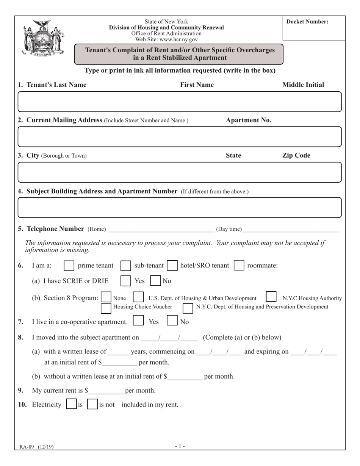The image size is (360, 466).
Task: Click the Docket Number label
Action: (307, 22)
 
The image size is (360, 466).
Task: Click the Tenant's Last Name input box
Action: (180, 102)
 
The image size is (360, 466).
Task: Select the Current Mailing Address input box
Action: (180, 136)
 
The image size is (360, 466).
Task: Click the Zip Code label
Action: (296, 155)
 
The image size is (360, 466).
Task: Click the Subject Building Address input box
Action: (180, 207)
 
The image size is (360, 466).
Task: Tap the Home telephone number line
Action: (161, 229)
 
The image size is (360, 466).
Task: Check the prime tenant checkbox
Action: (69, 266)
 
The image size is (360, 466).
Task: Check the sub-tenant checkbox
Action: (125, 266)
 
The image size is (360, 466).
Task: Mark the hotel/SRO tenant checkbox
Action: (172, 266)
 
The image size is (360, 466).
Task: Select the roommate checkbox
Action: (239, 266)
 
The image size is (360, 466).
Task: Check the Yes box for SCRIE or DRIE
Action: (125, 281)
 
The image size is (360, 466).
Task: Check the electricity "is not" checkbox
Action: (92, 404)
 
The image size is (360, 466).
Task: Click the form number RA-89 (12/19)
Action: (37, 447)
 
